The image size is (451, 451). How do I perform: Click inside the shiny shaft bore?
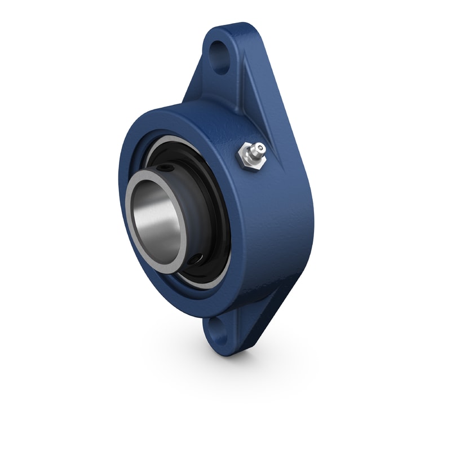(x=158, y=223)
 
